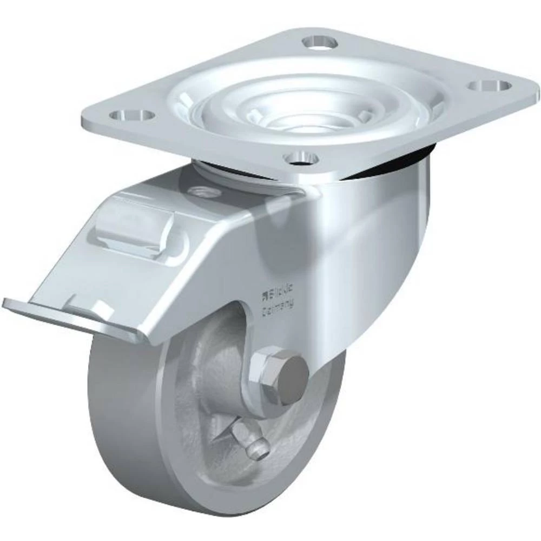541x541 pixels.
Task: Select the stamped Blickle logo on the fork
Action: [x=278, y=294]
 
